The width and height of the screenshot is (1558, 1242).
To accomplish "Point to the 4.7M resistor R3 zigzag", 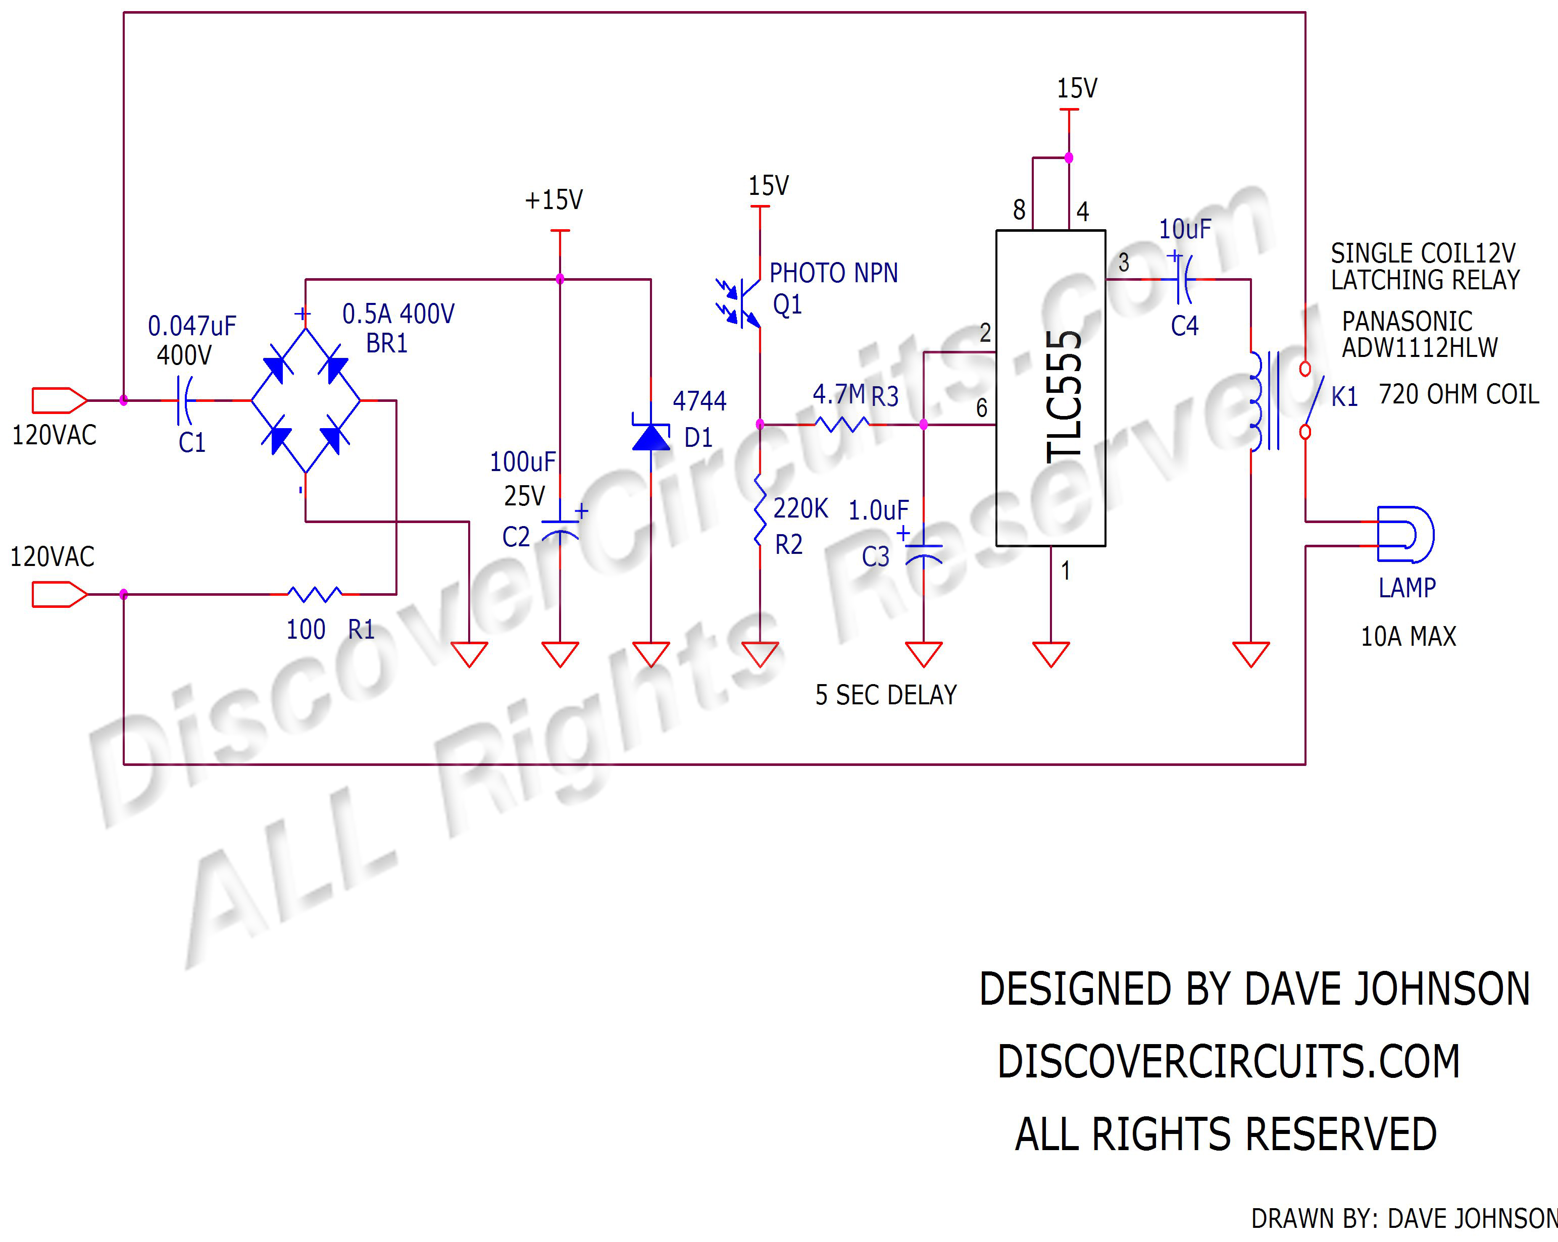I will [x=842, y=424].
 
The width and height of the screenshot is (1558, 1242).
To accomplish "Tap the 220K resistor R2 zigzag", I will [x=760, y=509].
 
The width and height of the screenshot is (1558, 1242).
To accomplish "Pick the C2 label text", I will [x=516, y=537].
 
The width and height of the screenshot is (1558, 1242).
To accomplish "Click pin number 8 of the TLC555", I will [x=1019, y=210].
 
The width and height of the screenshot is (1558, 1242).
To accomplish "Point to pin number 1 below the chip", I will [x=1065, y=571].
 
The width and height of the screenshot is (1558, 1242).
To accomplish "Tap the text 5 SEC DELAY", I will [x=885, y=695].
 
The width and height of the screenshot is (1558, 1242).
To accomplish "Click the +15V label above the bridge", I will [x=554, y=200].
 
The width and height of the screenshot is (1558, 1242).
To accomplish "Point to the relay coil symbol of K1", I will [x=1258, y=401].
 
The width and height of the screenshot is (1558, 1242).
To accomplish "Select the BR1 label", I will [x=387, y=343].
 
